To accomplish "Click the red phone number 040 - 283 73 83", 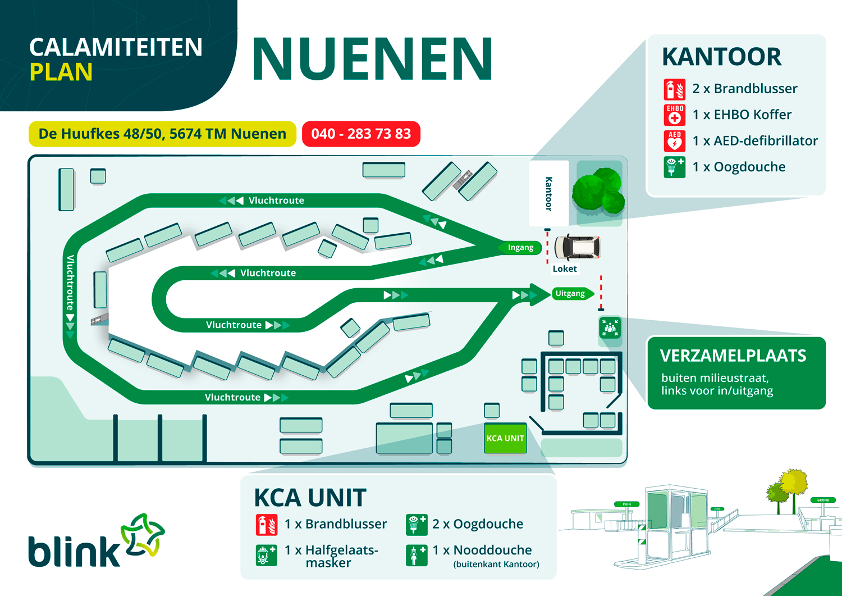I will point(361,134).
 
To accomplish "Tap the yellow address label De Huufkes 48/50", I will point(162,134).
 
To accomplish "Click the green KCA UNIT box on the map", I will point(505,438).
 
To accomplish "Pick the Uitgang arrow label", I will point(571,294).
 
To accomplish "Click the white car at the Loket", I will point(577,247).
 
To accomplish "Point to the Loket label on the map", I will point(565,269).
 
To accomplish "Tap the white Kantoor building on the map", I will point(548,193).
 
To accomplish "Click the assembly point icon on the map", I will point(610,327).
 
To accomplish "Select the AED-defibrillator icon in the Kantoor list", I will point(674,142).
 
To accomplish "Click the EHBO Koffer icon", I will point(674,115).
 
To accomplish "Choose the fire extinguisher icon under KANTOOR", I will point(674,89).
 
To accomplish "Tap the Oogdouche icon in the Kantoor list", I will point(674,167).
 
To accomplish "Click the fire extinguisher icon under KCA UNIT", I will point(266,525).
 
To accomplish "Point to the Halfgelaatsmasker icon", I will point(266,555).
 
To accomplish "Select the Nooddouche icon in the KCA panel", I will point(417,555).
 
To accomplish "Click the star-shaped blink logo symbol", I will point(143,536).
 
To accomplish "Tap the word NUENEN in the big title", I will point(373,59).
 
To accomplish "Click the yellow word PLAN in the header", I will point(61,72).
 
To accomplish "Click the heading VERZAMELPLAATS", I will point(733,356).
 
